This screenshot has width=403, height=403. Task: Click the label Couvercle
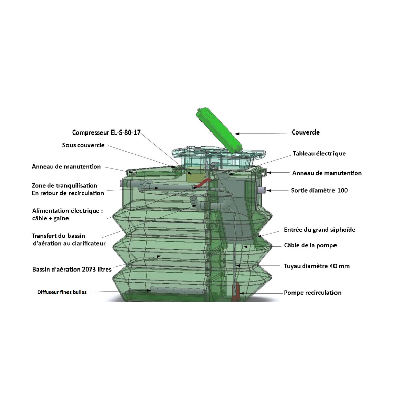point(306,132)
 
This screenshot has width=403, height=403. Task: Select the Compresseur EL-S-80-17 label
point(106,132)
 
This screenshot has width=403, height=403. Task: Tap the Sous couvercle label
point(83,145)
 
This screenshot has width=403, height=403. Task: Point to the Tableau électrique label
point(319,154)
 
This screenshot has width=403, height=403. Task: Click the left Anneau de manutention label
point(66,167)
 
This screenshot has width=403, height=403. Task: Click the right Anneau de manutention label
point(326,173)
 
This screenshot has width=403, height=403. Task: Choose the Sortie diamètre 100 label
point(319,191)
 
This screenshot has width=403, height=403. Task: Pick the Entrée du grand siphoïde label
point(319,230)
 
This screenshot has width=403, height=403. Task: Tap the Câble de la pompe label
point(310,245)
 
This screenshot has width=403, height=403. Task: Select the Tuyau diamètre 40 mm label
point(317,266)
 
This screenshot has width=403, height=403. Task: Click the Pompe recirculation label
point(312,293)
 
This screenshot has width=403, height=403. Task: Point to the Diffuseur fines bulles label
point(62,292)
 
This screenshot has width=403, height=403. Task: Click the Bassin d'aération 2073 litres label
point(72,270)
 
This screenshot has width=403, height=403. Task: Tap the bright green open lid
point(219,131)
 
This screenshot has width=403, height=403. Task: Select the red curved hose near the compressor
point(203,183)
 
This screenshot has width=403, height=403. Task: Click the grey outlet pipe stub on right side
point(261,190)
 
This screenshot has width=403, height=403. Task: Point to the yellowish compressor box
point(196,176)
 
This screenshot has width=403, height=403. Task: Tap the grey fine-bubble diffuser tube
point(177,290)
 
